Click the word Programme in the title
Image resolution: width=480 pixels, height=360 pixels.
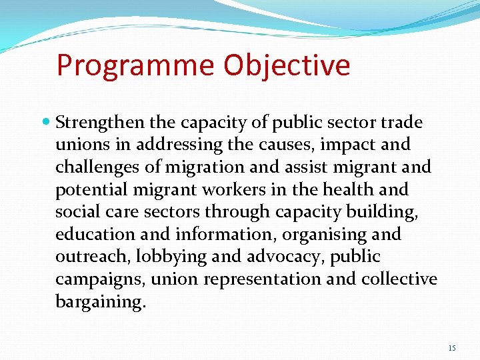click(135, 65)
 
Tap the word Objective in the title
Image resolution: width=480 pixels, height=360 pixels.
click(287, 65)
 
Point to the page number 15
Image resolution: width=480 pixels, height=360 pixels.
click(452, 348)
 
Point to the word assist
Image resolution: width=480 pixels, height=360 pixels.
click(307, 167)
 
